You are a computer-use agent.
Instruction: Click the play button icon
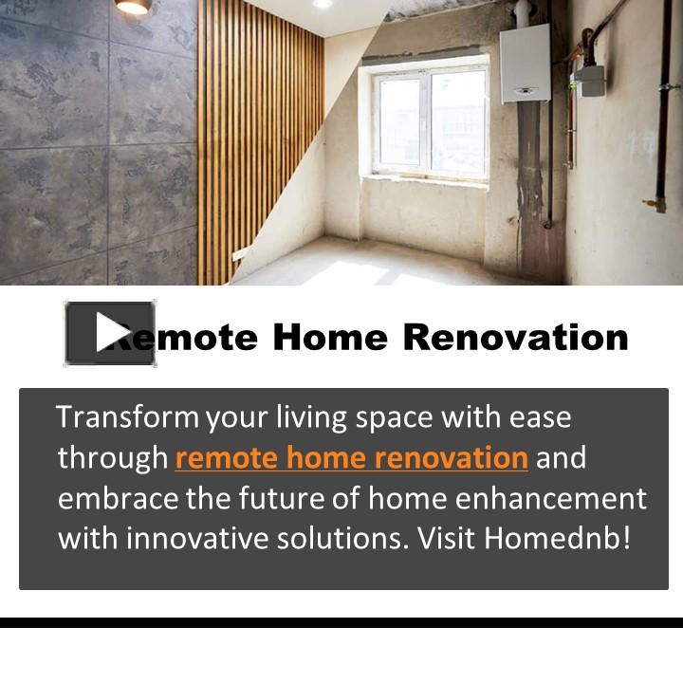tap(109, 333)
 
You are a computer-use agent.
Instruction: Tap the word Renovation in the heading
tap(515, 337)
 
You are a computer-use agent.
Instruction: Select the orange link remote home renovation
tap(351, 458)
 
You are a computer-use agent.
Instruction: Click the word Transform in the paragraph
tap(127, 416)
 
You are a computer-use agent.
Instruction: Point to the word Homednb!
tap(558, 538)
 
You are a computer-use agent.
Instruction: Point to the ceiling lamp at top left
tap(132, 7)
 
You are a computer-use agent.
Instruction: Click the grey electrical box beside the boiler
tap(590, 80)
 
